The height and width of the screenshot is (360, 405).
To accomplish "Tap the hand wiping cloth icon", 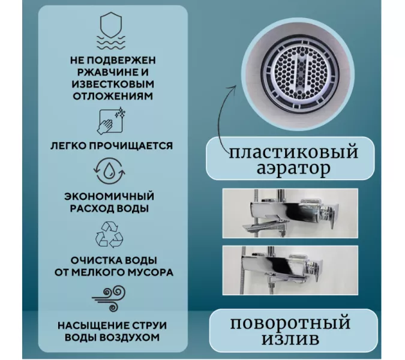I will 111,121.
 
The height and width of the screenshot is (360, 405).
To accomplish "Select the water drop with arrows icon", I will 111,172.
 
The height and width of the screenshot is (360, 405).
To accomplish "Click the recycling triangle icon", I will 111,234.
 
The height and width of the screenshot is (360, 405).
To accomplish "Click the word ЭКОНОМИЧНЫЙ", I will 112,197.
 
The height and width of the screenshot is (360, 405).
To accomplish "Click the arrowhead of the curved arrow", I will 235,87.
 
